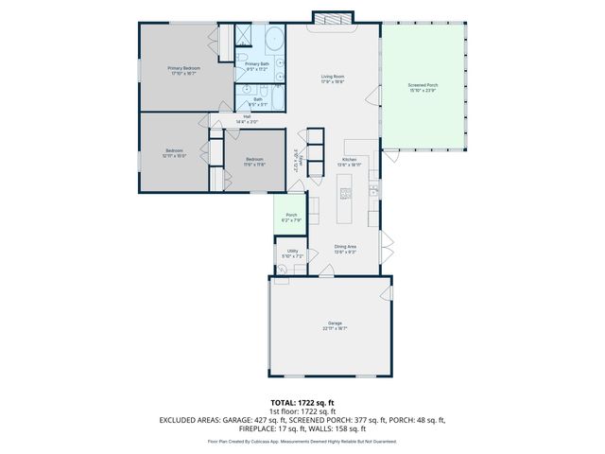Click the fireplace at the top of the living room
click(334, 18)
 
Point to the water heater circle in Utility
click(282, 270)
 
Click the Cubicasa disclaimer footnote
click(302, 441)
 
